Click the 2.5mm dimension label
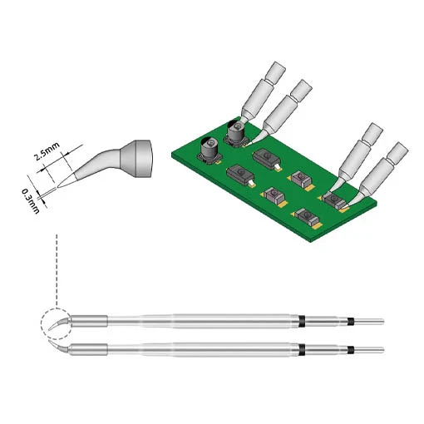[47, 152]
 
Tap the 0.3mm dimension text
[31, 200]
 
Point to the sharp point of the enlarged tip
[57, 188]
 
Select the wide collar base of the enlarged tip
[137, 159]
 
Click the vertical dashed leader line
[57, 269]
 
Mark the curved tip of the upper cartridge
[59, 324]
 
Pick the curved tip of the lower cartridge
[59, 347]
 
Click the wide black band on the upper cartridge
[302, 322]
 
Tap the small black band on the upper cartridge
[351, 322]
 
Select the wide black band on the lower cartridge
[302, 350]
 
